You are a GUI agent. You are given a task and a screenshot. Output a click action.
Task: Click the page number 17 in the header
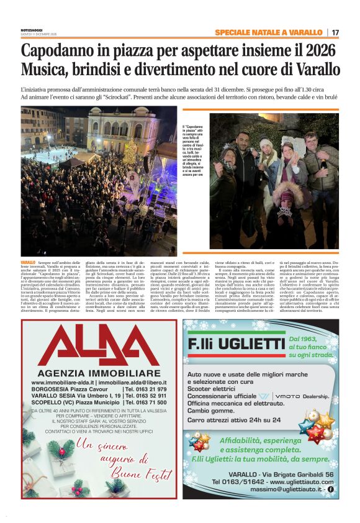pyautogui.click(x=336, y=32)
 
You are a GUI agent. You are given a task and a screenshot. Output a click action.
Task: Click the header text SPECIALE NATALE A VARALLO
pyautogui.click(x=268, y=32)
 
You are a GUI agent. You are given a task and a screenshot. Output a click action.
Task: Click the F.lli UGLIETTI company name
pyautogui.click(x=236, y=343)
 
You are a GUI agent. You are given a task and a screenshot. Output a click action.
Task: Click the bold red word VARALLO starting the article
pyautogui.click(x=29, y=263)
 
